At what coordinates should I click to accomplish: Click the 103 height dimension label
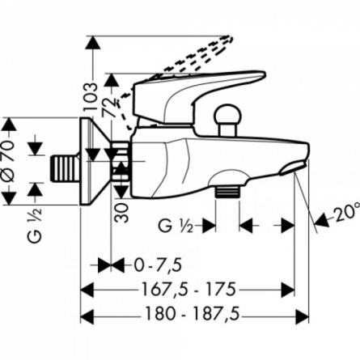coord(91,97)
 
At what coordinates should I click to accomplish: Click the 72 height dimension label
coord(110,107)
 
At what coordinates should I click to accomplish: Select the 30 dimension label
coord(121,213)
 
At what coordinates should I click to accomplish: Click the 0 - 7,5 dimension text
coord(157,265)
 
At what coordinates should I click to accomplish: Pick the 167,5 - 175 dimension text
coord(188,290)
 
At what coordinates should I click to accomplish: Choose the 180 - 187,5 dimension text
coord(193,314)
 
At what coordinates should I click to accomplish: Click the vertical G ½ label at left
coord(35,226)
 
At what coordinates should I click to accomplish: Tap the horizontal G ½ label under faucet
coord(176,226)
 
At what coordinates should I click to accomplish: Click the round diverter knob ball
coord(227,115)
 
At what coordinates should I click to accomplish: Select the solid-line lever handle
coord(198,97)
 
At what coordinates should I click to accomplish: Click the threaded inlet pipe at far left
coord(64,168)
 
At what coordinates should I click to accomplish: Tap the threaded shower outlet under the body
coord(227,192)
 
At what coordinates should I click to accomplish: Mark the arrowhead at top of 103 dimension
coord(92,42)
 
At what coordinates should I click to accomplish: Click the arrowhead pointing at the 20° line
coord(321,220)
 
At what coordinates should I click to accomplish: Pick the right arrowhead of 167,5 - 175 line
coord(288,290)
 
